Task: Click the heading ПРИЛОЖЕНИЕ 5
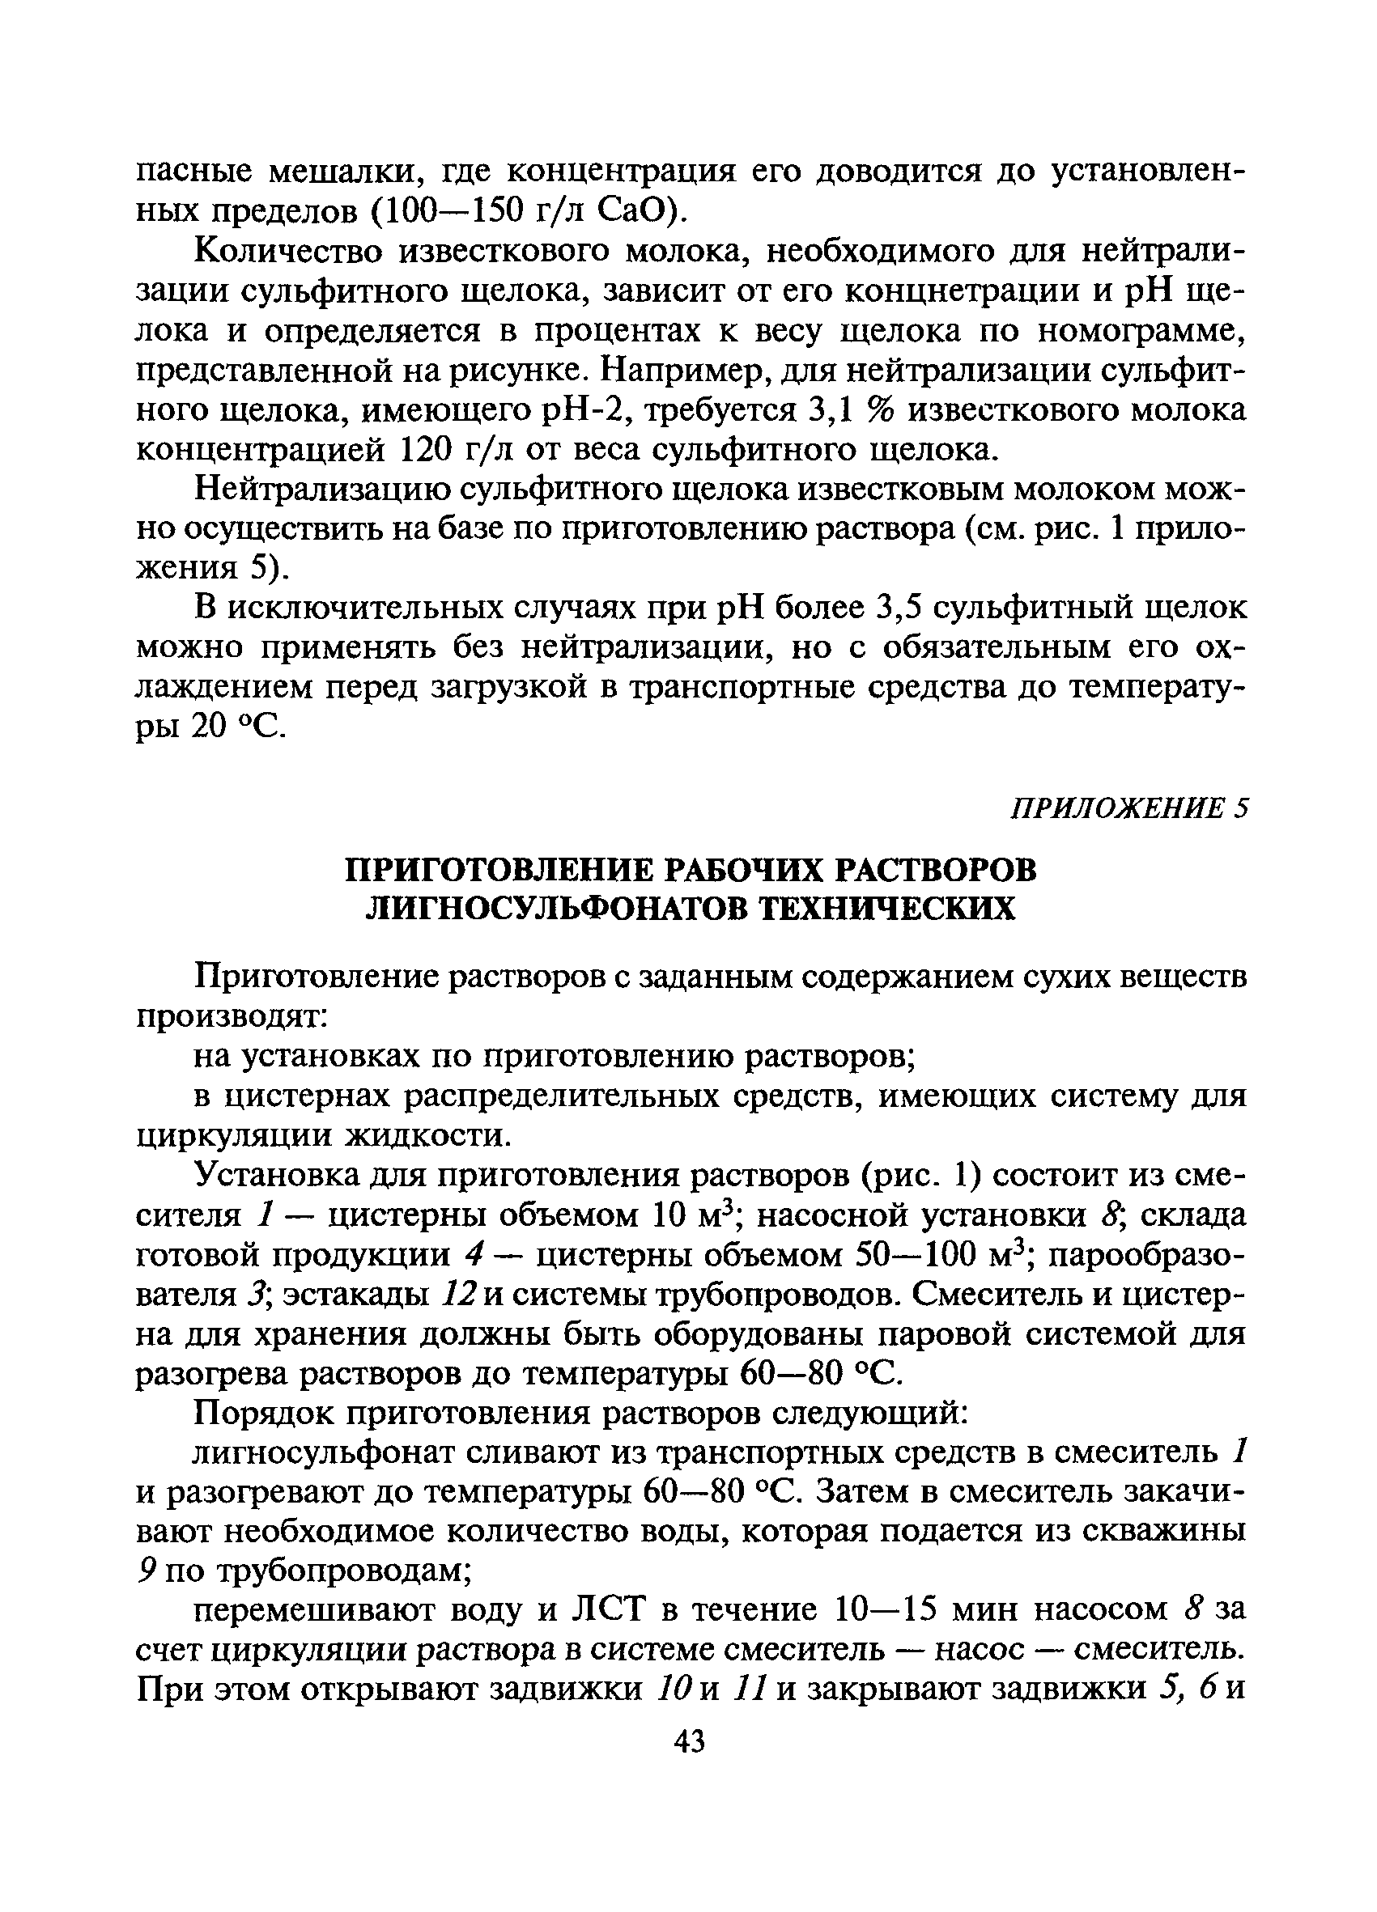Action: click(x=1127, y=808)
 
